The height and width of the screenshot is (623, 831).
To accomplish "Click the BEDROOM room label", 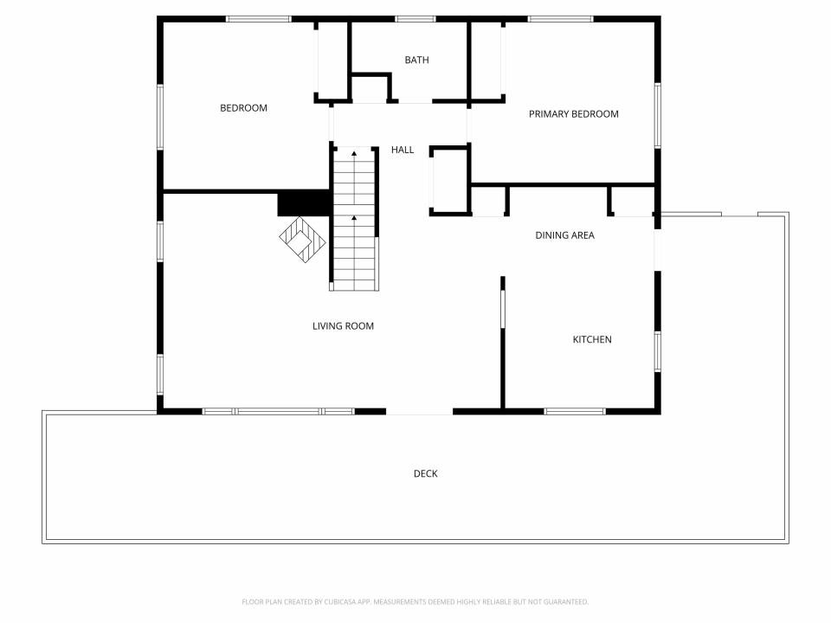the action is [x=243, y=108].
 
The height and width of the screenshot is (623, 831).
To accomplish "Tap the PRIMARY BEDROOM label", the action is [x=573, y=114].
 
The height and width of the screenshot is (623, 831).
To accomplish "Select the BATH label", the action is [x=416, y=60].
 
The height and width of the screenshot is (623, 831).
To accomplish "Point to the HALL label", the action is [x=403, y=150].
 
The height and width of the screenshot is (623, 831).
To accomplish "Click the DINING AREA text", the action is [x=564, y=235].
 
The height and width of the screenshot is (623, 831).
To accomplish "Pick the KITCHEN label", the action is [x=592, y=339].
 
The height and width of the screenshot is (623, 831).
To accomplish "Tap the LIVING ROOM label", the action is [x=343, y=326].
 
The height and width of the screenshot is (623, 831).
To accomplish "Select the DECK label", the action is [x=426, y=473].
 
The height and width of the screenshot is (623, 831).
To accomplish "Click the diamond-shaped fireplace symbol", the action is [x=303, y=240].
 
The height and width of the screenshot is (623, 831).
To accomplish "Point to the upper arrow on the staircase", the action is [x=354, y=154].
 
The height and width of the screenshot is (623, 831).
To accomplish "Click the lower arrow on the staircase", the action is [x=354, y=217].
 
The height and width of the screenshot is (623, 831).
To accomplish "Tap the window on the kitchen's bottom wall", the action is [x=575, y=411].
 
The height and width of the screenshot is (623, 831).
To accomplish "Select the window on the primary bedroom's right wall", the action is [x=658, y=115].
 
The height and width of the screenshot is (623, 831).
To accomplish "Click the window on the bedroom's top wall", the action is [x=259, y=19].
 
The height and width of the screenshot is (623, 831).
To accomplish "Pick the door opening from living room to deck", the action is [x=419, y=411].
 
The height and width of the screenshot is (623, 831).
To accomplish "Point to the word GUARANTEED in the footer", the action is [x=565, y=602].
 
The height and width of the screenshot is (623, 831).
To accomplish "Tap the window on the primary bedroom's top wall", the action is [x=560, y=19].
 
